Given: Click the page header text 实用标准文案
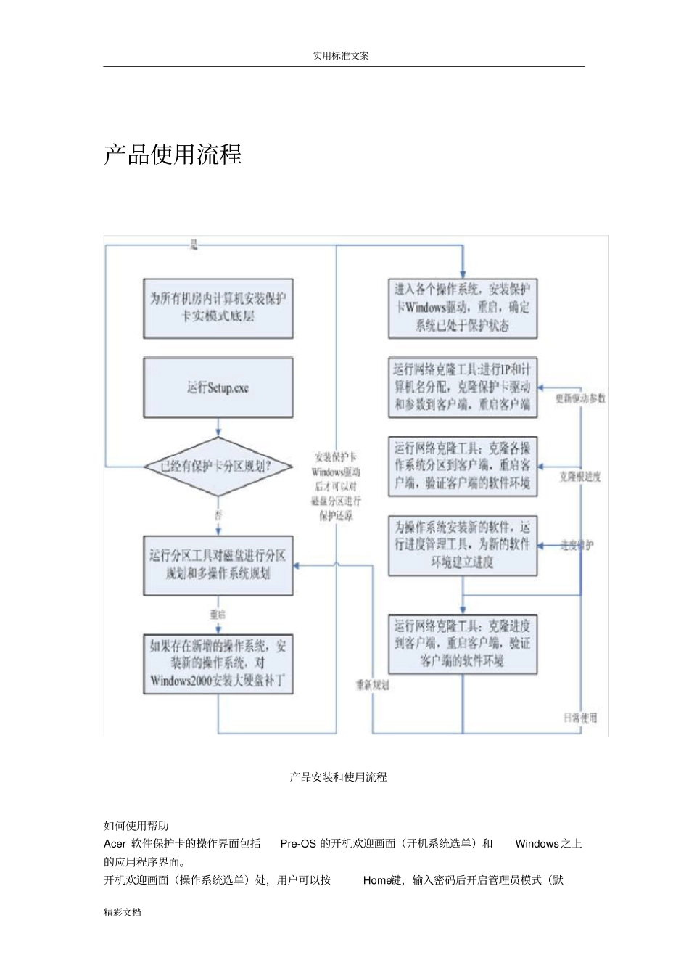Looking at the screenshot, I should (x=341, y=56).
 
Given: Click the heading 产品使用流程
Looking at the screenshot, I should (x=173, y=155).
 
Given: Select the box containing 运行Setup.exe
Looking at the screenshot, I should (x=218, y=388).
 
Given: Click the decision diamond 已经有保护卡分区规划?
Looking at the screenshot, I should (x=218, y=467).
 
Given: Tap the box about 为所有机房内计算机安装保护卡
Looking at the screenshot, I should (x=218, y=308).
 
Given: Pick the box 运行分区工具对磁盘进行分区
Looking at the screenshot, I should (x=218, y=565).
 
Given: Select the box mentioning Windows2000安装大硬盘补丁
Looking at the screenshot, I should (x=218, y=664).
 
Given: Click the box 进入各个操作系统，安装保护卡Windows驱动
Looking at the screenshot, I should (x=463, y=308).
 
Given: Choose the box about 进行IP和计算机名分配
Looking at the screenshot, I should (x=463, y=387).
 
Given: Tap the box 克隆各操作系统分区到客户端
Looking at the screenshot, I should (x=463, y=467).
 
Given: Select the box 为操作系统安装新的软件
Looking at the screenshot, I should (x=463, y=545).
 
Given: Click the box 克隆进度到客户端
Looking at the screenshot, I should (x=463, y=644).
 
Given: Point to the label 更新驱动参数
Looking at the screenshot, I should (x=580, y=399).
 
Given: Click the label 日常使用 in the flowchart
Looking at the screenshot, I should (x=580, y=718).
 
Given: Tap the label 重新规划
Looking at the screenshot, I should (x=373, y=685).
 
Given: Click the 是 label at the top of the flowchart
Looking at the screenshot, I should (x=194, y=246).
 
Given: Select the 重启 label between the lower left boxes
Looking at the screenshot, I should (x=218, y=615).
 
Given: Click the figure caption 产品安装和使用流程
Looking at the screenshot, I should (x=339, y=777).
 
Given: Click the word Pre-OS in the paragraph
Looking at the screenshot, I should (x=298, y=844).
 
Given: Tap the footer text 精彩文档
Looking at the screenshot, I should (x=123, y=913).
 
